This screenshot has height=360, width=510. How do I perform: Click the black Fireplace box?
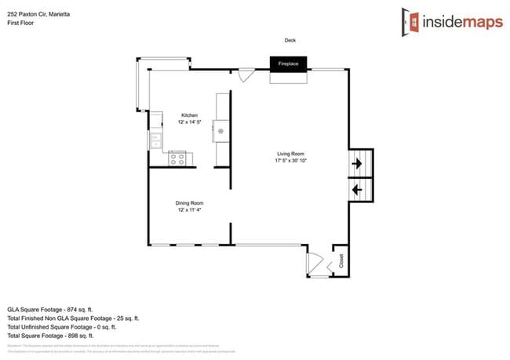pos(288,63)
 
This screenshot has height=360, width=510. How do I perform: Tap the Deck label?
pos(290,40)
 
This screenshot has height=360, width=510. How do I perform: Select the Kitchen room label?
pos(190,115)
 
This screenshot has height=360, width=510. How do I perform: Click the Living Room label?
pos(290,153)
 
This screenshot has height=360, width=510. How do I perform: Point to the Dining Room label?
pos(190,203)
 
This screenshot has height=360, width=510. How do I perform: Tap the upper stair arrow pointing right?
pos(358,164)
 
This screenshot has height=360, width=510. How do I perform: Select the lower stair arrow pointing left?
pos(358,189)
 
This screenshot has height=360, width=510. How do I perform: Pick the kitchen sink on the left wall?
pos(155,140)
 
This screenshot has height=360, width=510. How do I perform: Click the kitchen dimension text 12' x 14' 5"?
pos(190,122)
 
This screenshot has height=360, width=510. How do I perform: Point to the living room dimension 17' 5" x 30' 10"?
pos(290,160)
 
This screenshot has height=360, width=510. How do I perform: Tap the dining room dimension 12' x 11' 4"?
pos(190,210)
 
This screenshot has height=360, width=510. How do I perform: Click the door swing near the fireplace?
pos(246,75)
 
